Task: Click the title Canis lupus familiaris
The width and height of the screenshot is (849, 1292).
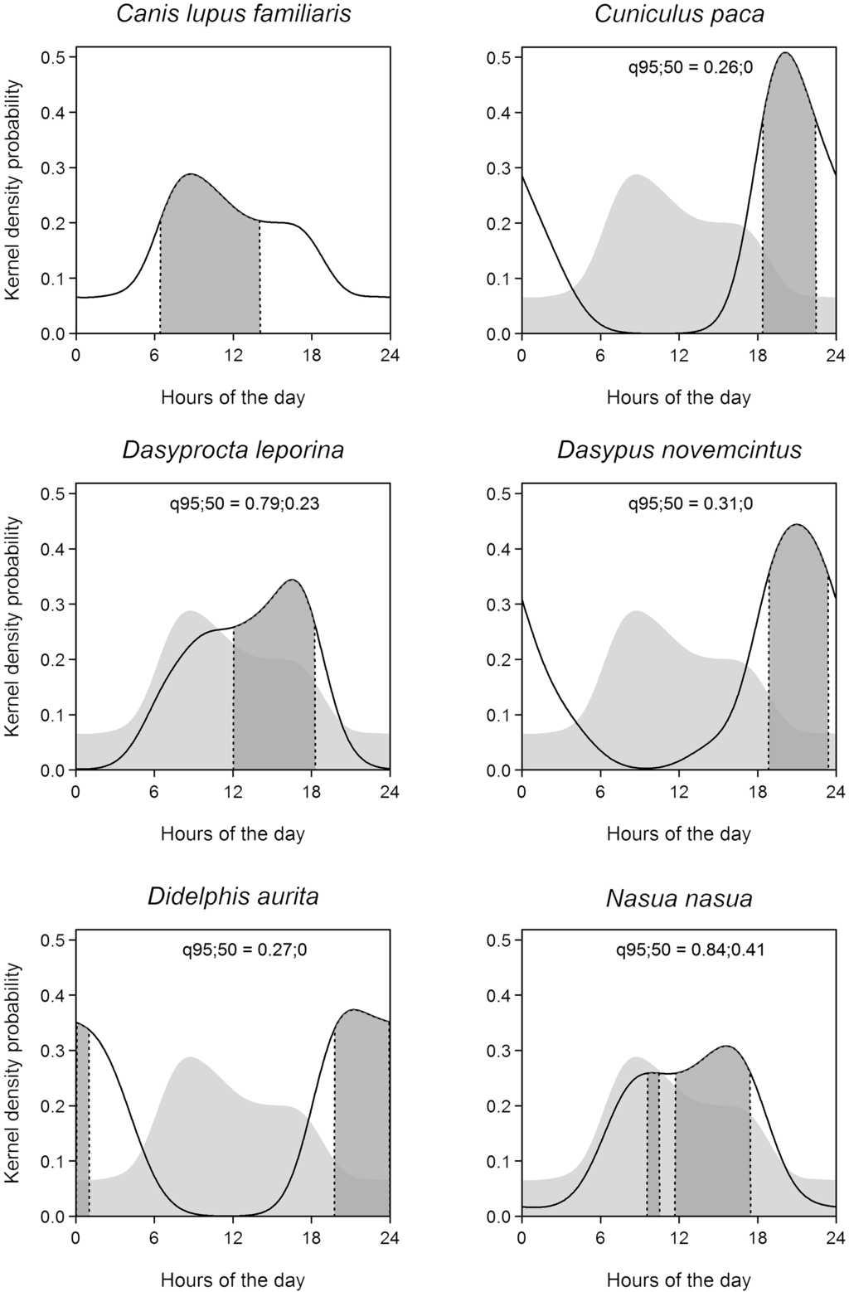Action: (233, 14)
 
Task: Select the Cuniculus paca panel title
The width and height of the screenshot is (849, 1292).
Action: (679, 14)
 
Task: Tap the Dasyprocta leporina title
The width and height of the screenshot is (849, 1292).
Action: (233, 450)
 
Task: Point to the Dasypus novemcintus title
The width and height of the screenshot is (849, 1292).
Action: (679, 450)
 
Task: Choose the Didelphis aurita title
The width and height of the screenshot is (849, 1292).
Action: (233, 896)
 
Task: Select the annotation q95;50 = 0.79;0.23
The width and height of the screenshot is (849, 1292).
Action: (245, 503)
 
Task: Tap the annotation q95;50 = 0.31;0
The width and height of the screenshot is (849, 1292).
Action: (690, 503)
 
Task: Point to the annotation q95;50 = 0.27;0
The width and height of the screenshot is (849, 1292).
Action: (245, 950)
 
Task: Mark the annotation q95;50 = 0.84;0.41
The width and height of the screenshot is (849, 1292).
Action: (690, 950)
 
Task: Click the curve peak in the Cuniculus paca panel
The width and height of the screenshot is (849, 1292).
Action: (785, 53)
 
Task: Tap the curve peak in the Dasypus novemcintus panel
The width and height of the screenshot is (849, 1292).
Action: (797, 525)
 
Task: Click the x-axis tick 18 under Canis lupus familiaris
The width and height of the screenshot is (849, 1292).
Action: (312, 355)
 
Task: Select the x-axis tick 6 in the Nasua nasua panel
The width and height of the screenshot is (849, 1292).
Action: (600, 1238)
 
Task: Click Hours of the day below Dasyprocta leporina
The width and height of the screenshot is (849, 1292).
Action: (233, 833)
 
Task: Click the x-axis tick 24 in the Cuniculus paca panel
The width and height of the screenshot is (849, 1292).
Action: (835, 355)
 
